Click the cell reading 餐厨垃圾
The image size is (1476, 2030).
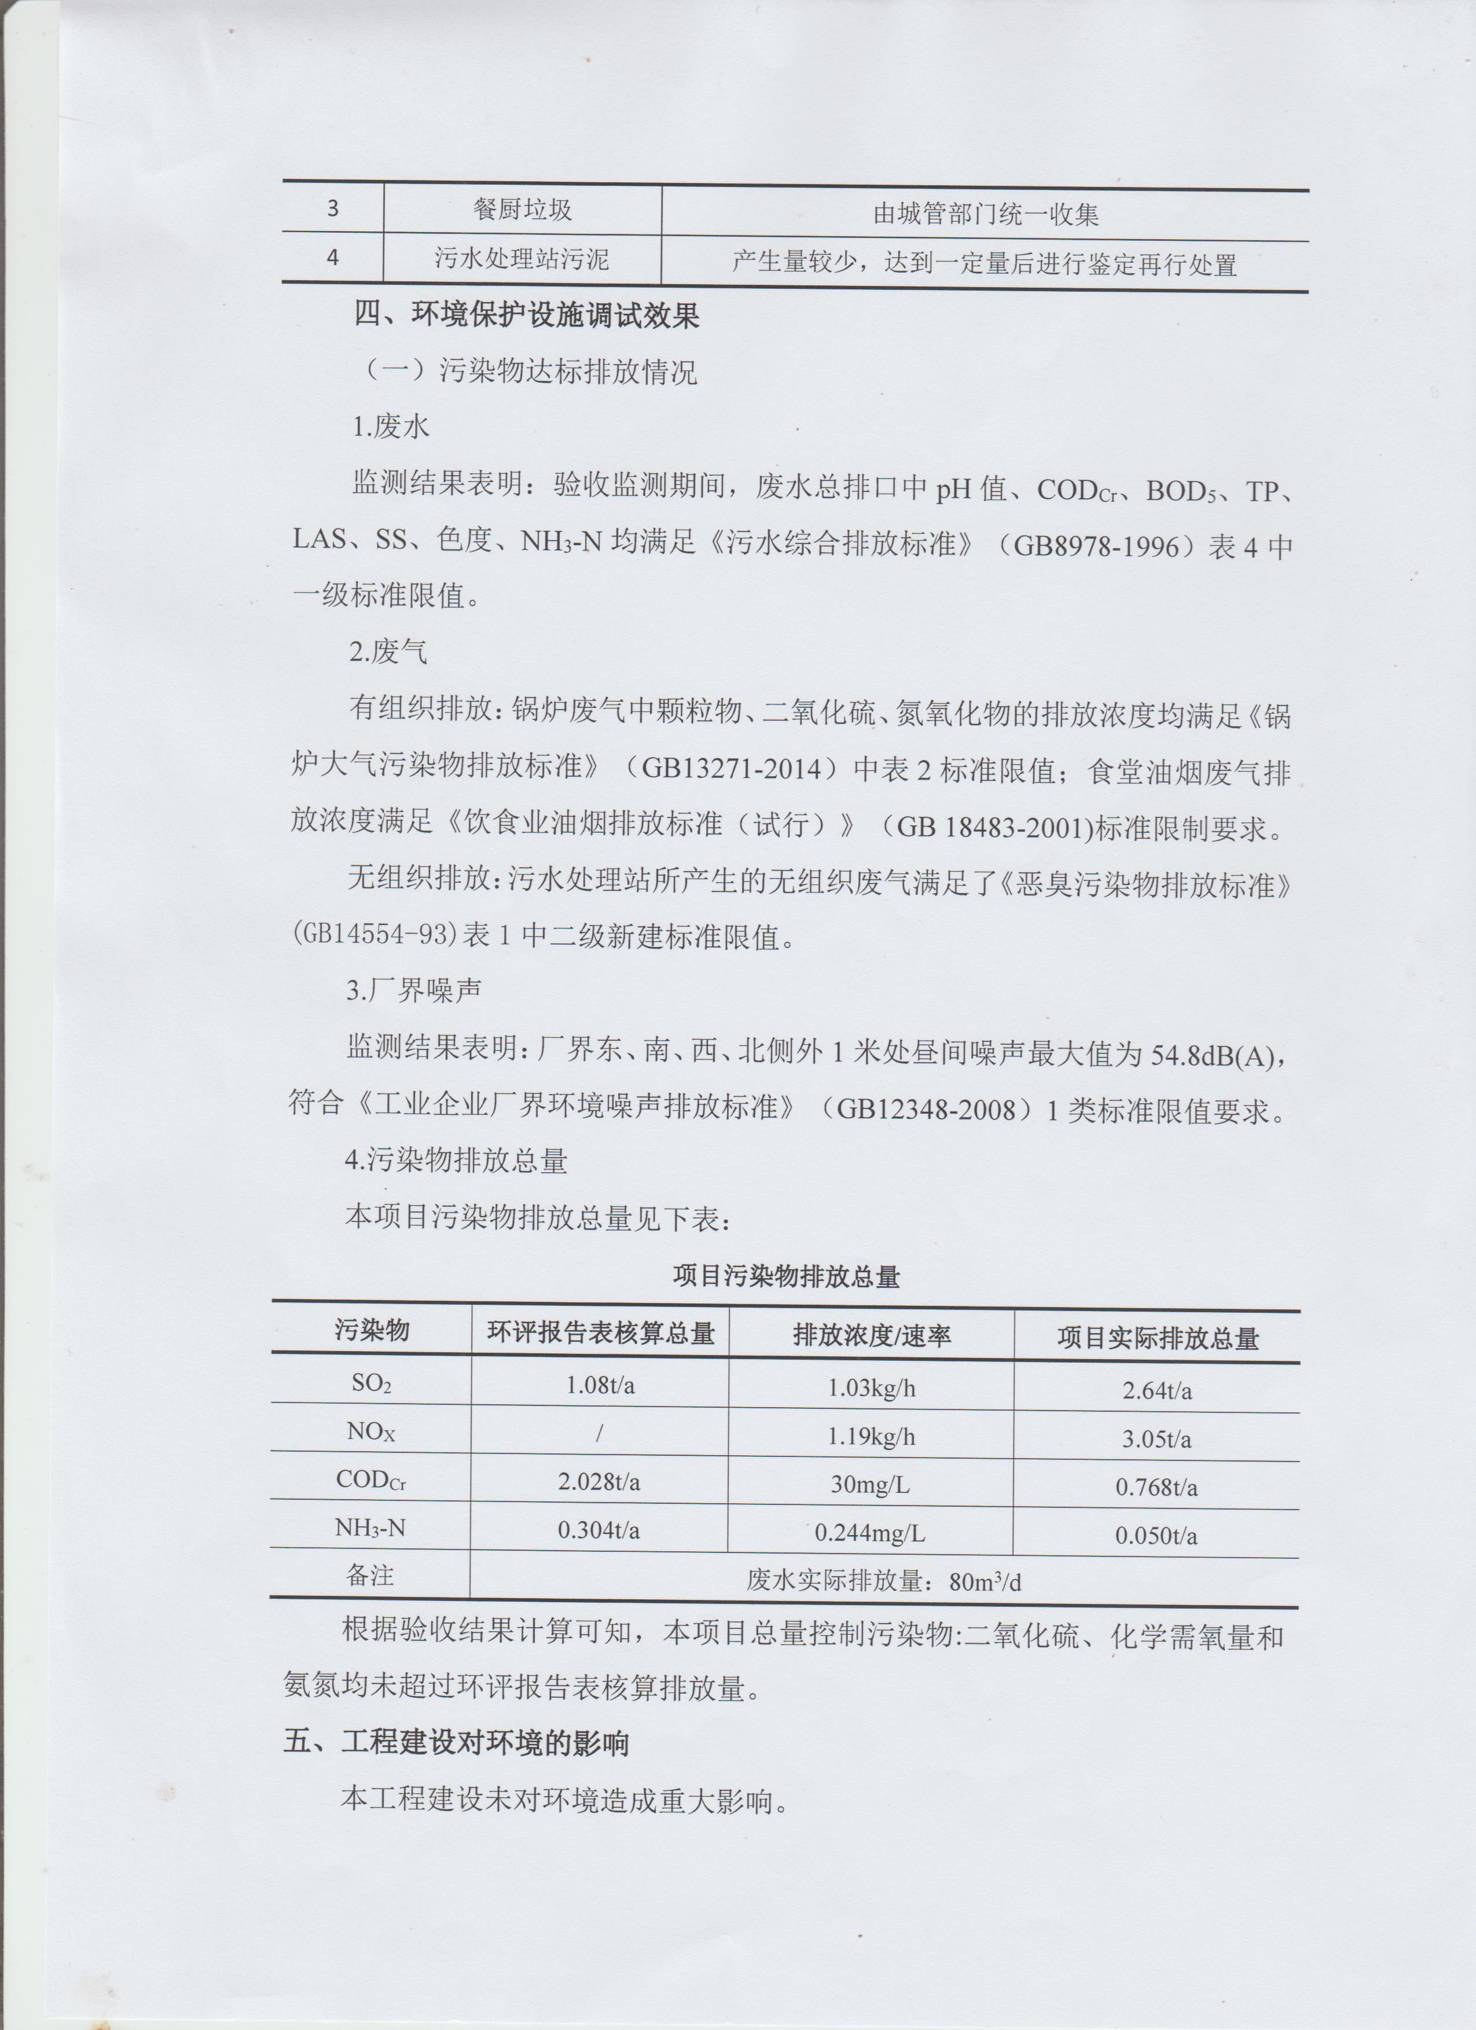pyautogui.click(x=522, y=210)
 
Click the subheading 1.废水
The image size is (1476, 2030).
pyautogui.click(x=391, y=427)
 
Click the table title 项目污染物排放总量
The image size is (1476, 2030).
pyautogui.click(x=786, y=1276)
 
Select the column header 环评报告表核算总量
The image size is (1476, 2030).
pyautogui.click(x=601, y=1334)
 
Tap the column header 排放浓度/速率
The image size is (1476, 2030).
pyautogui.click(x=871, y=1337)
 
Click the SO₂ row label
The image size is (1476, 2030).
pyautogui.click(x=372, y=1384)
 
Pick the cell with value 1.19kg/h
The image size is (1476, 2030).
pyautogui.click(x=871, y=1437)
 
